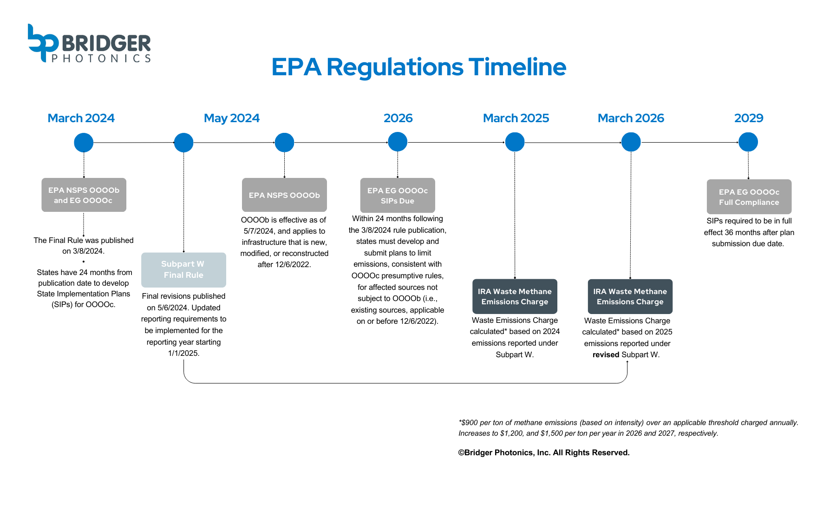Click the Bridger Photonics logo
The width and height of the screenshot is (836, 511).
pos(89,43)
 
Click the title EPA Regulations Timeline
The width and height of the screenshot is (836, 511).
pos(418,67)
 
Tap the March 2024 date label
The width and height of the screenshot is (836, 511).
pos(81,118)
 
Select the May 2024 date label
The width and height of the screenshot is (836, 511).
pos(231,118)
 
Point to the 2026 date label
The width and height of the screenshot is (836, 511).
pos(398,118)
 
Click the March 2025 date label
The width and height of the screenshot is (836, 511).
pos(516,118)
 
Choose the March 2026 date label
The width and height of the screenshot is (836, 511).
pos(631,118)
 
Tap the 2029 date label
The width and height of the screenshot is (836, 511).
pos(748,118)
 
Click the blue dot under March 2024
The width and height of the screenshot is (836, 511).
pos(84,143)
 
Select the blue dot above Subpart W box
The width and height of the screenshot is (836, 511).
pos(183,143)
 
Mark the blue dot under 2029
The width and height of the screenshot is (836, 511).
pos(748,142)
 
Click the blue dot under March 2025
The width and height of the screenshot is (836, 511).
pos(515,142)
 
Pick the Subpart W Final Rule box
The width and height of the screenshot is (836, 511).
pos(183,270)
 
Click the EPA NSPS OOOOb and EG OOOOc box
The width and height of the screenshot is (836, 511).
pos(84,195)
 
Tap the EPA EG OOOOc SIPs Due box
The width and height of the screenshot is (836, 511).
pos(397,196)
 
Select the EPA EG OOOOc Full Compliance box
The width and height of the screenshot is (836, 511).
pos(749,197)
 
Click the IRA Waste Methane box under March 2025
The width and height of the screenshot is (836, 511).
pos(515,296)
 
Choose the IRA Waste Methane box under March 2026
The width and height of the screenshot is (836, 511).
pos(630,296)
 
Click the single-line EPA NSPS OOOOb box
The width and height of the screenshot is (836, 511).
pos(284,195)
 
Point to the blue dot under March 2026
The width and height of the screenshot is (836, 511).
pos(631,142)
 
